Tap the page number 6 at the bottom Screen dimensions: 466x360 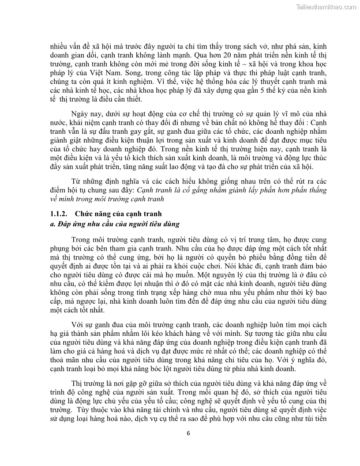tap(188, 433)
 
